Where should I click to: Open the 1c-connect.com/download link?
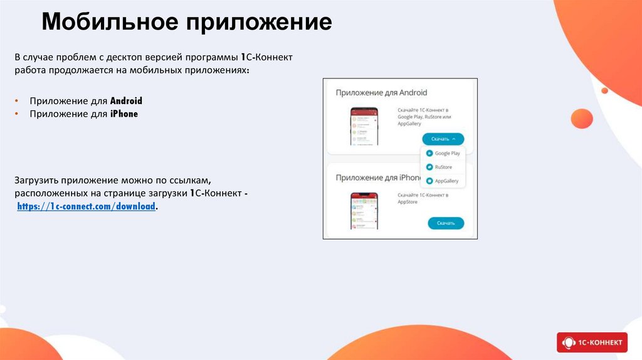click(x=86, y=206)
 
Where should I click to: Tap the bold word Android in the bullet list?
click(x=126, y=101)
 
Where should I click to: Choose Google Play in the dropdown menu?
click(x=447, y=153)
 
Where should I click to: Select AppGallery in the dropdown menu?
click(x=446, y=181)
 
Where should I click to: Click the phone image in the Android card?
click(x=364, y=127)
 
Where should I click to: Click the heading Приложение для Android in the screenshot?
click(x=381, y=93)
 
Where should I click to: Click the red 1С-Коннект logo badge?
click(x=592, y=342)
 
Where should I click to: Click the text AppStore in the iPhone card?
click(x=408, y=203)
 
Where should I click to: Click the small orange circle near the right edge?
click(x=604, y=90)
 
